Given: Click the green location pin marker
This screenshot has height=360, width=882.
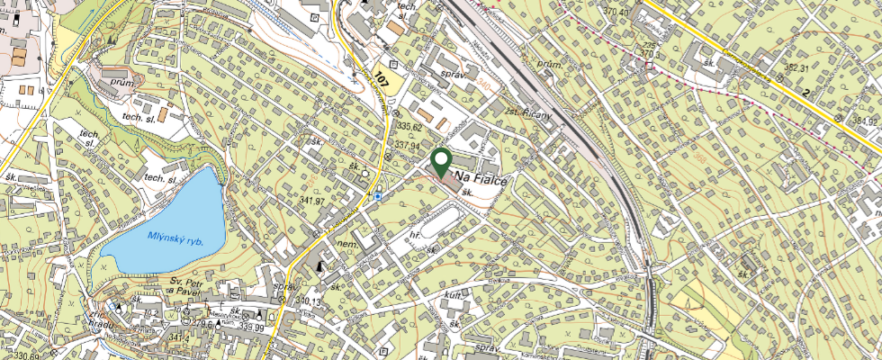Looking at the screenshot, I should click(442, 162).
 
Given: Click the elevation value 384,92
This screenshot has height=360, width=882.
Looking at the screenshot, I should click(864, 121).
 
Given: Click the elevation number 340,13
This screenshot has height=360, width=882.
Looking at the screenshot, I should click(308, 301).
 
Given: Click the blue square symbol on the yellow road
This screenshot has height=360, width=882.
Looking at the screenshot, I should click(379, 194).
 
